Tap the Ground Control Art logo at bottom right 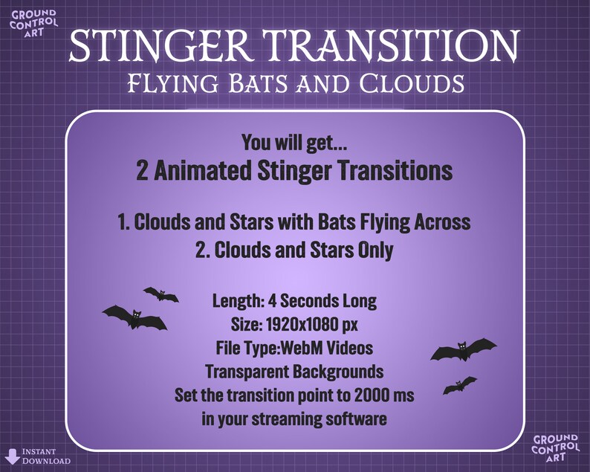click(x=556, y=448)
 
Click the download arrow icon click(x=11, y=456)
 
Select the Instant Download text click(x=47, y=456)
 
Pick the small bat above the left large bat click(x=161, y=295)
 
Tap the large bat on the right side click(x=463, y=349)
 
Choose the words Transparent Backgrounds click(x=294, y=371)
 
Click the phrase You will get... click(x=294, y=141)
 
